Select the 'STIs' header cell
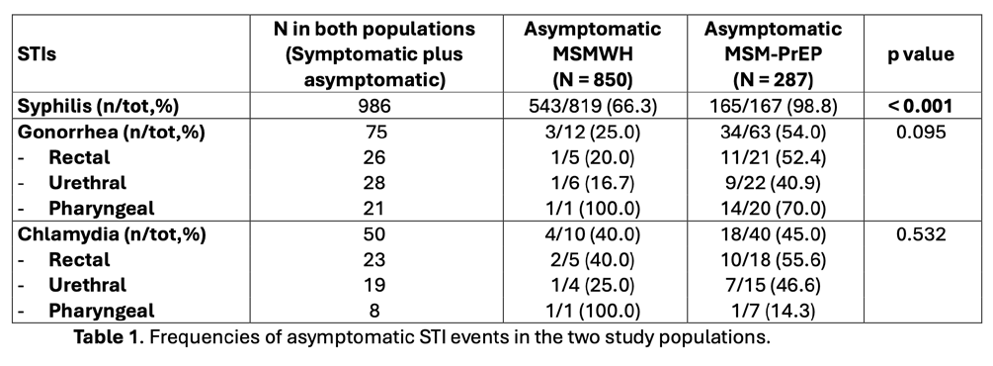coord(38,54)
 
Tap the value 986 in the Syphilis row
coord(374,106)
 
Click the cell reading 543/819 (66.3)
coord(593,106)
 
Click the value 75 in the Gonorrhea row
coord(374,132)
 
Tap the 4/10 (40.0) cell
coord(593,234)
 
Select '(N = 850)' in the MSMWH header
coord(593,80)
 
